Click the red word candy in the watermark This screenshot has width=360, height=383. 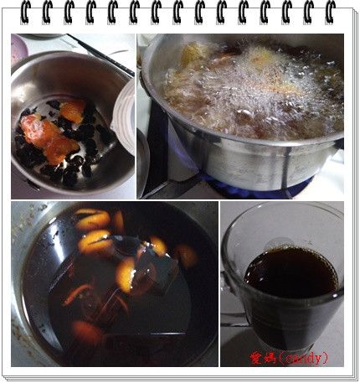tap(301, 357)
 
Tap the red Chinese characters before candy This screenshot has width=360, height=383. tap(262, 357)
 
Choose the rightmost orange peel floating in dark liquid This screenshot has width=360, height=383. tap(186, 255)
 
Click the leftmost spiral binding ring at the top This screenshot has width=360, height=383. tap(26, 13)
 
